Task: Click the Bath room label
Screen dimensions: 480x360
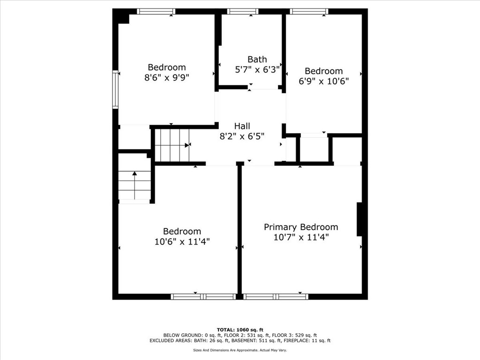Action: pyautogui.click(x=257, y=59)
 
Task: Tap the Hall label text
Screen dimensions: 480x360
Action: pyautogui.click(x=242, y=126)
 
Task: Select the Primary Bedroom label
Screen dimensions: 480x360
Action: pyautogui.click(x=301, y=227)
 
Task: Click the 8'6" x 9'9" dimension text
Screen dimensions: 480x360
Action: pyautogui.click(x=167, y=77)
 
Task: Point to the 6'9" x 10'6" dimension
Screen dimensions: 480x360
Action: pyautogui.click(x=324, y=81)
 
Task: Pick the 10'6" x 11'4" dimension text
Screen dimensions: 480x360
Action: pyautogui.click(x=182, y=241)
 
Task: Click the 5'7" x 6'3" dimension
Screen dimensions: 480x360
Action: pyautogui.click(x=257, y=69)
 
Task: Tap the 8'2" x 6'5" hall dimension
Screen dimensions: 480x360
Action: pyautogui.click(x=242, y=136)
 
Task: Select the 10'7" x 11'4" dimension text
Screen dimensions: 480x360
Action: pyautogui.click(x=301, y=237)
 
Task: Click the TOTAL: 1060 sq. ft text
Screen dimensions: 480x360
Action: pyautogui.click(x=240, y=330)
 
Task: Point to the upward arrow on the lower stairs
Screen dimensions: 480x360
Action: pyautogui.click(x=135, y=185)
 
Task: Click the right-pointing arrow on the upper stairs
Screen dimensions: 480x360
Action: pyautogui.click(x=187, y=145)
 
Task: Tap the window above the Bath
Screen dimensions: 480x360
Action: pyautogui.click(x=242, y=12)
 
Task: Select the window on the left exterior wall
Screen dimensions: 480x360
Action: pyautogui.click(x=115, y=90)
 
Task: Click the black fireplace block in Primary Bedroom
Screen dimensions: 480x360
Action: pyautogui.click(x=360, y=219)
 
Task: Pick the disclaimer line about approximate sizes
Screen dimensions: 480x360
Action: pyautogui.click(x=240, y=350)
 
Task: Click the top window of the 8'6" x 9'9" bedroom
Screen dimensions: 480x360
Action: pyautogui.click(x=156, y=12)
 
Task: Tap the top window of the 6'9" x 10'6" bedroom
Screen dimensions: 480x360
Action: pyautogui.click(x=309, y=12)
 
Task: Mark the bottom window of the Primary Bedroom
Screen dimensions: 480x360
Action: pyautogui.click(x=276, y=296)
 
